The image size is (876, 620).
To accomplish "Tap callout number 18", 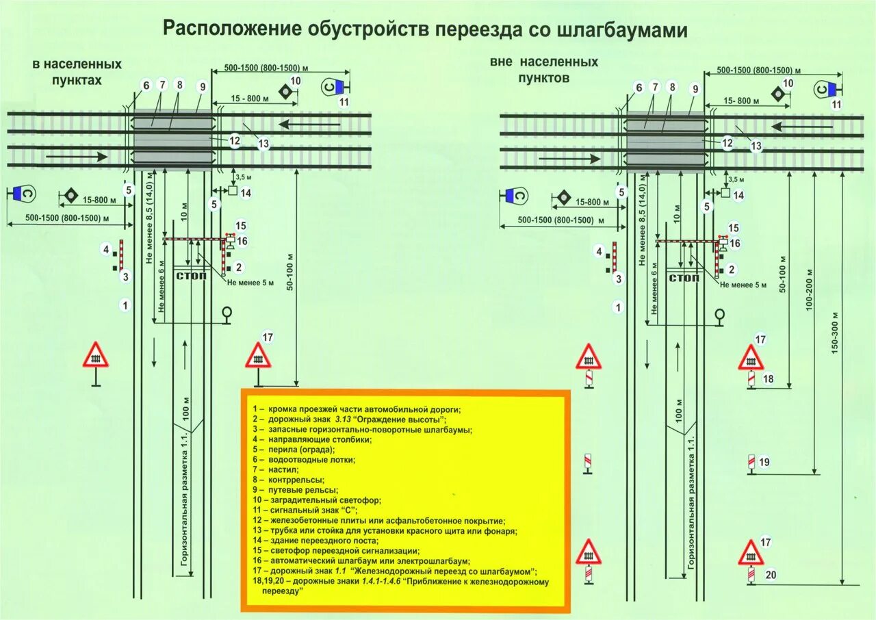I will click(x=768, y=379).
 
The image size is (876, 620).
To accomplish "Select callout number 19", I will click(x=764, y=463).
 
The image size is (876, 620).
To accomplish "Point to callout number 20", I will click(x=771, y=575).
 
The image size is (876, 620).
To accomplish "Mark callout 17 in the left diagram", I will click(x=267, y=337).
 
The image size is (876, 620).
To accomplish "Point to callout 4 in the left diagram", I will click(x=106, y=249).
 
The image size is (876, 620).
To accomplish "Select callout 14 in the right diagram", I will click(x=738, y=195).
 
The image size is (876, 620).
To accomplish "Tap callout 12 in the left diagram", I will click(x=235, y=141).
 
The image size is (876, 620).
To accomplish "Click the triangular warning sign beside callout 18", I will click(x=751, y=358).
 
